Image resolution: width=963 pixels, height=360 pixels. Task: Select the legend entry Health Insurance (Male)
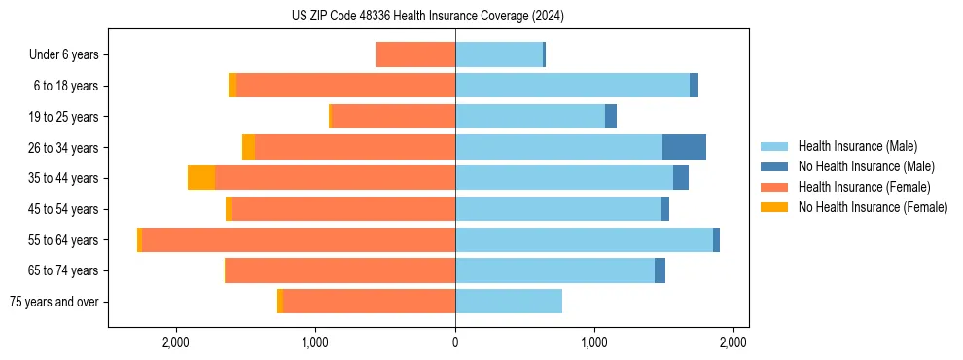pos(857,146)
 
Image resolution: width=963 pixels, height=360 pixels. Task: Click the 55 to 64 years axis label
pos(64,240)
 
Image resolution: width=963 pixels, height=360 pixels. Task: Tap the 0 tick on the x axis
pos(455,342)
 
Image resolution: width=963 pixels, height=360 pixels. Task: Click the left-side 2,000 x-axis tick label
pos(176,342)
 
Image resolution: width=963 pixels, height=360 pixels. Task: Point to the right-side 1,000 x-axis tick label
pos(594,342)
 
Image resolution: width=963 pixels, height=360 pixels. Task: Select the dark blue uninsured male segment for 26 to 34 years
pos(684,147)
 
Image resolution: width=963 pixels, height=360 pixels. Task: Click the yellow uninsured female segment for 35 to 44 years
pos(201,178)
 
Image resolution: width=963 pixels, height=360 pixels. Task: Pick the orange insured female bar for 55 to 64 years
pos(299,239)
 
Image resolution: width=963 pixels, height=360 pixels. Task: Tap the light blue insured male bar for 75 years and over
pos(509,302)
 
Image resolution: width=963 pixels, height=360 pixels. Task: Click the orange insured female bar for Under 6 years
pos(415,55)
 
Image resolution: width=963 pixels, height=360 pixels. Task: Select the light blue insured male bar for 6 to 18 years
pos(572,86)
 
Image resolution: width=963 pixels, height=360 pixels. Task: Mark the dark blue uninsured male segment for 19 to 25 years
pos(611,117)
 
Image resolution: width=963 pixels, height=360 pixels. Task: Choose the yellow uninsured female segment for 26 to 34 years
pos(249,147)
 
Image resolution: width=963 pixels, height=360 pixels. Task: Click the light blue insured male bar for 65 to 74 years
pos(554,270)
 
